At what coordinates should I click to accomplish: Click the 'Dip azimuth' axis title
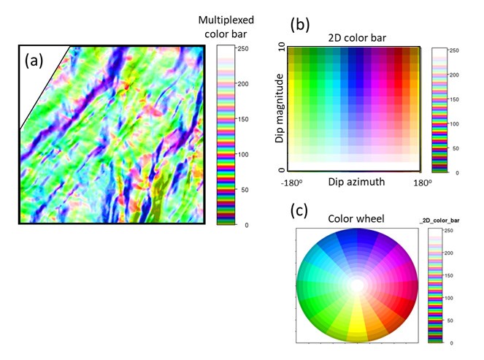click(x=353, y=180)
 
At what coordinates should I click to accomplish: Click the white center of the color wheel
click(x=357, y=285)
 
